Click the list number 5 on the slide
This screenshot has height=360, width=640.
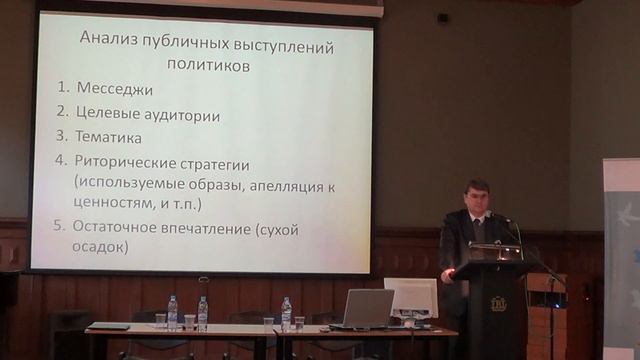point(60,227)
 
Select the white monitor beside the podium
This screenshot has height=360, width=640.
point(411,297)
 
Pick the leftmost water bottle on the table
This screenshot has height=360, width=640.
point(172,313)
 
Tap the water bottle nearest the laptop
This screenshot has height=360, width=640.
point(286,313)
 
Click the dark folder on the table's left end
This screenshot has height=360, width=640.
point(108,326)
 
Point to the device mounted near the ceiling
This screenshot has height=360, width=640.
point(442,18)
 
